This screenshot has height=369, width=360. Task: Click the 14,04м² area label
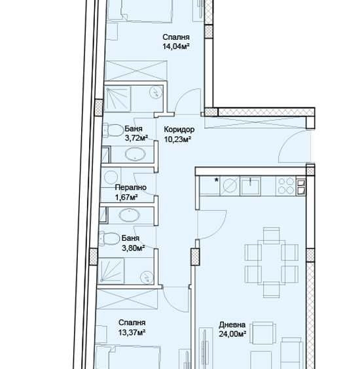176,46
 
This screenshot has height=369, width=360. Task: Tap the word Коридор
179,130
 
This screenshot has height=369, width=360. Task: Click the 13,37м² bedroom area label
132,332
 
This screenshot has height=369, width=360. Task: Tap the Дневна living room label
232,324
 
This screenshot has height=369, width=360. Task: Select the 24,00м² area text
232,334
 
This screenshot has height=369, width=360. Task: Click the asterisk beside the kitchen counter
216,180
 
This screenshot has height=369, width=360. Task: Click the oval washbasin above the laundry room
136,155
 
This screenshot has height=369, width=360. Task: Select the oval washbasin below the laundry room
129,214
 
